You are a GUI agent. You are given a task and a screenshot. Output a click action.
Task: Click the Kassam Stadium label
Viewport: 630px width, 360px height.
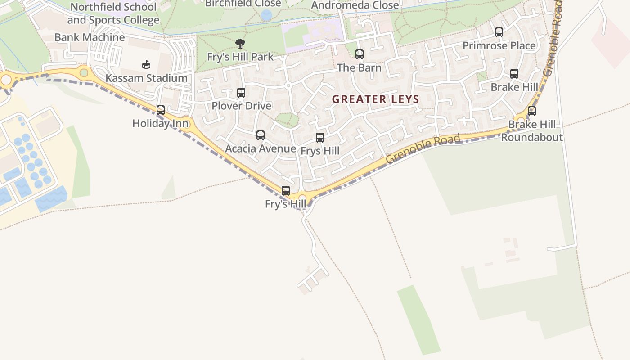coord(146,78)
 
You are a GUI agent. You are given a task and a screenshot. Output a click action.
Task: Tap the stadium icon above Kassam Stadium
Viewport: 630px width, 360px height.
coord(146,64)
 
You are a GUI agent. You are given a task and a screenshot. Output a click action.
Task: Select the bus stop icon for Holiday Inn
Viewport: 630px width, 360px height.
coord(161,110)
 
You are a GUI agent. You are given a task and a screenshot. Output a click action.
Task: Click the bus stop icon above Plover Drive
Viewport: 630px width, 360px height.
coord(241,93)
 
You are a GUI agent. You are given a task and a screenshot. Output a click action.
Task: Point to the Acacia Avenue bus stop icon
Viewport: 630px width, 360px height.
coord(261,135)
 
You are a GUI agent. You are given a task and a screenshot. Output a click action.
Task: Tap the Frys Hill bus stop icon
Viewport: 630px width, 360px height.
coord(320,138)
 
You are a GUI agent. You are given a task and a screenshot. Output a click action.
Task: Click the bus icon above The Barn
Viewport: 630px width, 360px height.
coord(360,54)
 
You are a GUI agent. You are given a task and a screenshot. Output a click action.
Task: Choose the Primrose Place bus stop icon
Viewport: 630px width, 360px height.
coord(499,32)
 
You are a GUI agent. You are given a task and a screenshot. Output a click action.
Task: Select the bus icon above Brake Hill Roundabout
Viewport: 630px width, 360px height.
coord(532,111)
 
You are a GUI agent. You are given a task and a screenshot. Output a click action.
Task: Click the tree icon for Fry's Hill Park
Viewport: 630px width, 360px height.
coord(240,44)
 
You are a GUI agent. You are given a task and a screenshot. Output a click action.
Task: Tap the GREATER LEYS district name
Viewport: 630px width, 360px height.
coord(376,99)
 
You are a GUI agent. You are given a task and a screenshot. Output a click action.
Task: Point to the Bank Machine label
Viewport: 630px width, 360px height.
coord(90,37)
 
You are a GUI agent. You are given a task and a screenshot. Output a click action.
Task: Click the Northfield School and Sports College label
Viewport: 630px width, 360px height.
coord(113,13)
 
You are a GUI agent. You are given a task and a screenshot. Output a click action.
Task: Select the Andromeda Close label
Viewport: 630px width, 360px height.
coord(355,5)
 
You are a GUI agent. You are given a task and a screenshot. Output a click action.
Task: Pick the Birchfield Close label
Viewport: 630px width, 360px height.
coord(243,4)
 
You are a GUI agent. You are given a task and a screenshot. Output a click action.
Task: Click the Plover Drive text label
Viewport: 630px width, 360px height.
coord(242,106)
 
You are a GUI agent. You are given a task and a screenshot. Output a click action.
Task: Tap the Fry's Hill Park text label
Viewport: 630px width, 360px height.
coord(240,57)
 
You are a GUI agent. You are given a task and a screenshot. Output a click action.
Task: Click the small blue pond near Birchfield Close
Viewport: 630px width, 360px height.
coord(266,16)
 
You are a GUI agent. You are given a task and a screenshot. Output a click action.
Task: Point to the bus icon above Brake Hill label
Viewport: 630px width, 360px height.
coord(514,74)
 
